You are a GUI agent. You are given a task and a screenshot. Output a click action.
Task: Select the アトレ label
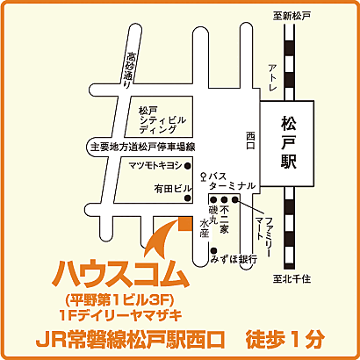point(273,80)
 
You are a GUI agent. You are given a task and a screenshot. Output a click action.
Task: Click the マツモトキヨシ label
point(155,164)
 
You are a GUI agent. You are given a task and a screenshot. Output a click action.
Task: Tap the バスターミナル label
point(230,182)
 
